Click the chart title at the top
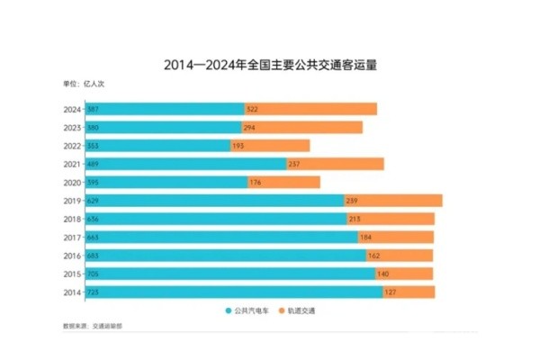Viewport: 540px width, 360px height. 269,65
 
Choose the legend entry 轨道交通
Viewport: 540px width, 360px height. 301,311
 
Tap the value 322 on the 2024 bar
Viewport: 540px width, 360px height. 252,109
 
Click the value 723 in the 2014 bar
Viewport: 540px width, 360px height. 93,292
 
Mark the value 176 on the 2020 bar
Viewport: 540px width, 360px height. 256,182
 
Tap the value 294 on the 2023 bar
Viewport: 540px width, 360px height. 249,127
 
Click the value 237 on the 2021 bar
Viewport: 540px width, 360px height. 293,164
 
